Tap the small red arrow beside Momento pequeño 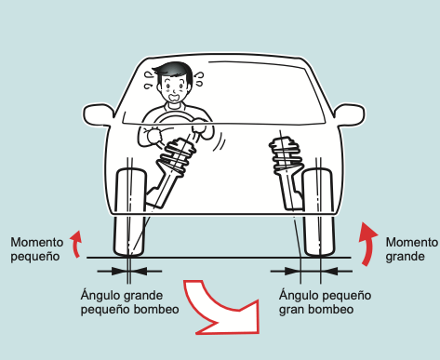75,244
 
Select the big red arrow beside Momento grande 367,245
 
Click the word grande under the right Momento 405,257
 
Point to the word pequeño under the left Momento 35,257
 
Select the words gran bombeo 316,310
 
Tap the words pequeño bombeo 129,310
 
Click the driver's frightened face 174,88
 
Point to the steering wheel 180,119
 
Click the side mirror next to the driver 98,114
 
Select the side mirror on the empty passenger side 350,114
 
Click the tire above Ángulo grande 130,212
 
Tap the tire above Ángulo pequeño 319,212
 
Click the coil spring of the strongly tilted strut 177,157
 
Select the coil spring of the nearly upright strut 286,154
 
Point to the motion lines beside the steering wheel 220,141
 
